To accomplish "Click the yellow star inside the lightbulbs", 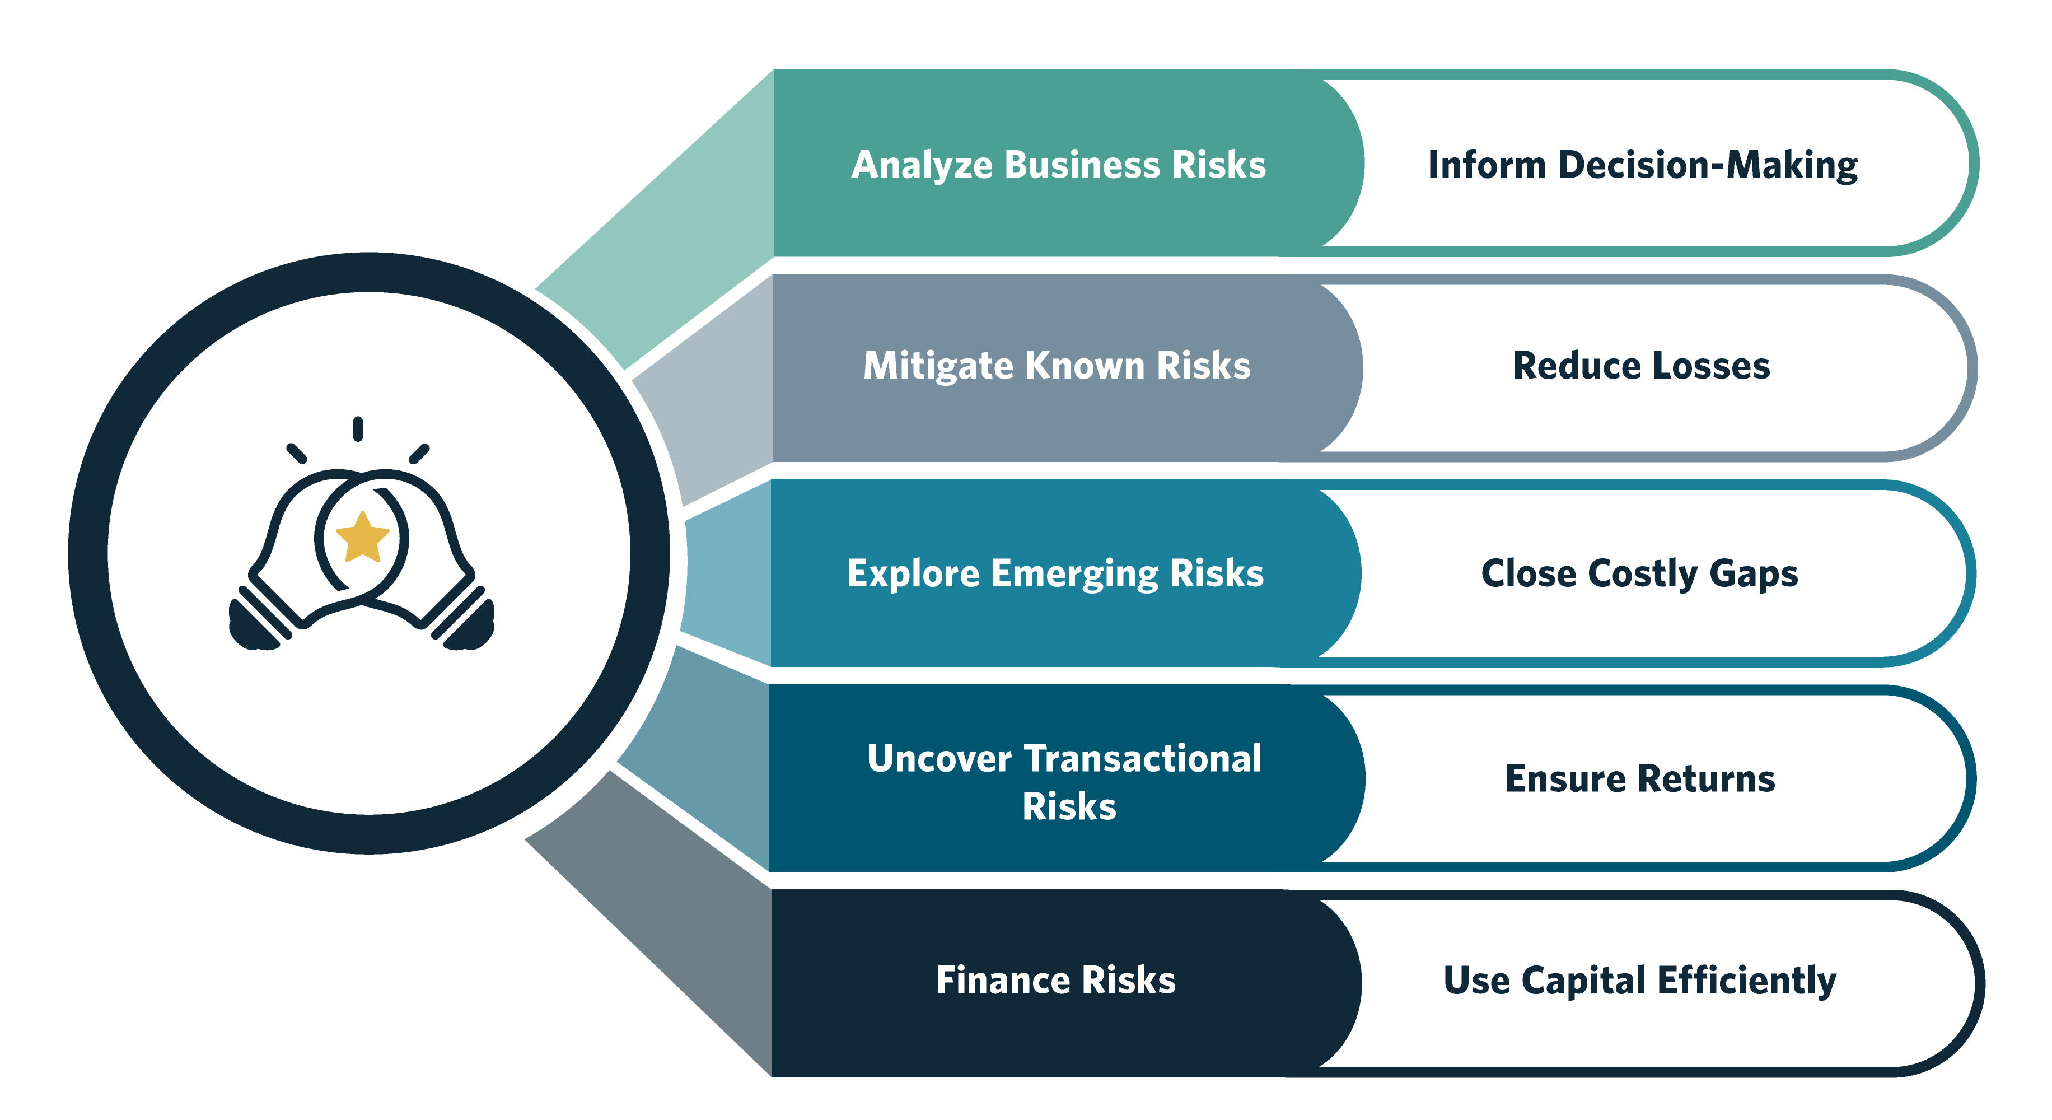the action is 362,537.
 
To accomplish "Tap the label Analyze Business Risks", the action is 1059,165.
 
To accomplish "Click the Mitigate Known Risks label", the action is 1057,366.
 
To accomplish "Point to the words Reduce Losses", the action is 1641,366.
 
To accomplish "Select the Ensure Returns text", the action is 1640,778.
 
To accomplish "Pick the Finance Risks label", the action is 1055,980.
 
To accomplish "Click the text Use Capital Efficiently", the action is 1640,981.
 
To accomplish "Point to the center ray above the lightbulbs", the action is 358,428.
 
